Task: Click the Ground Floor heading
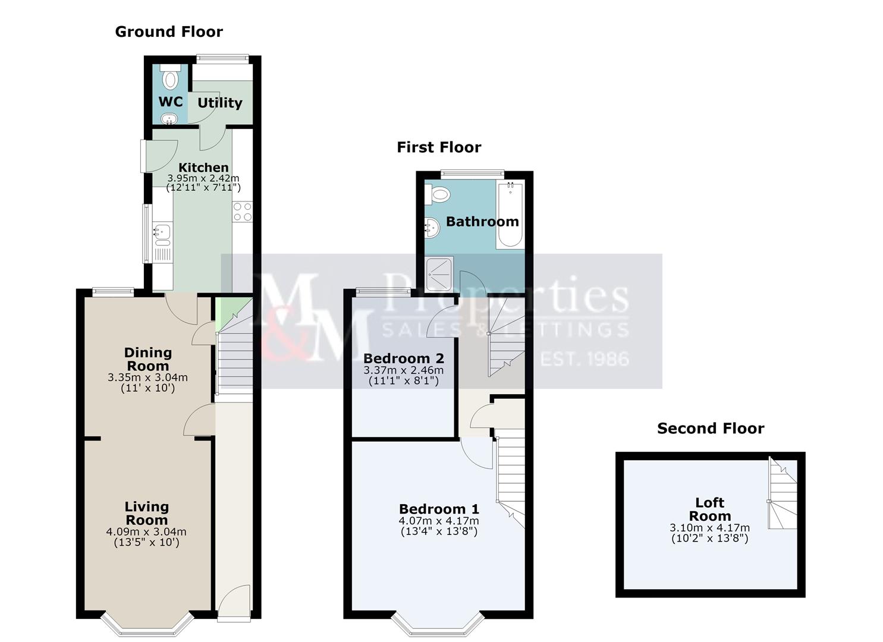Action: coord(169,32)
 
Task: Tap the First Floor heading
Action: coord(439,147)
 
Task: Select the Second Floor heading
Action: coord(711,429)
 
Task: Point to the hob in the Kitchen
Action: coord(243,212)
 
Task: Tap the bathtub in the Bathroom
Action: coord(510,215)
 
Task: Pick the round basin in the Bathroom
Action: coord(432,228)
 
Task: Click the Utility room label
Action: coord(219,103)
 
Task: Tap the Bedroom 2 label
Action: coord(403,358)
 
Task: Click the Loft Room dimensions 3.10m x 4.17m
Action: coord(709,527)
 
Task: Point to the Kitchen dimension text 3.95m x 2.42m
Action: coord(203,178)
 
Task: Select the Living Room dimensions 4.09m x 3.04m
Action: coord(146,531)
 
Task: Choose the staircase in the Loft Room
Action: coord(782,493)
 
